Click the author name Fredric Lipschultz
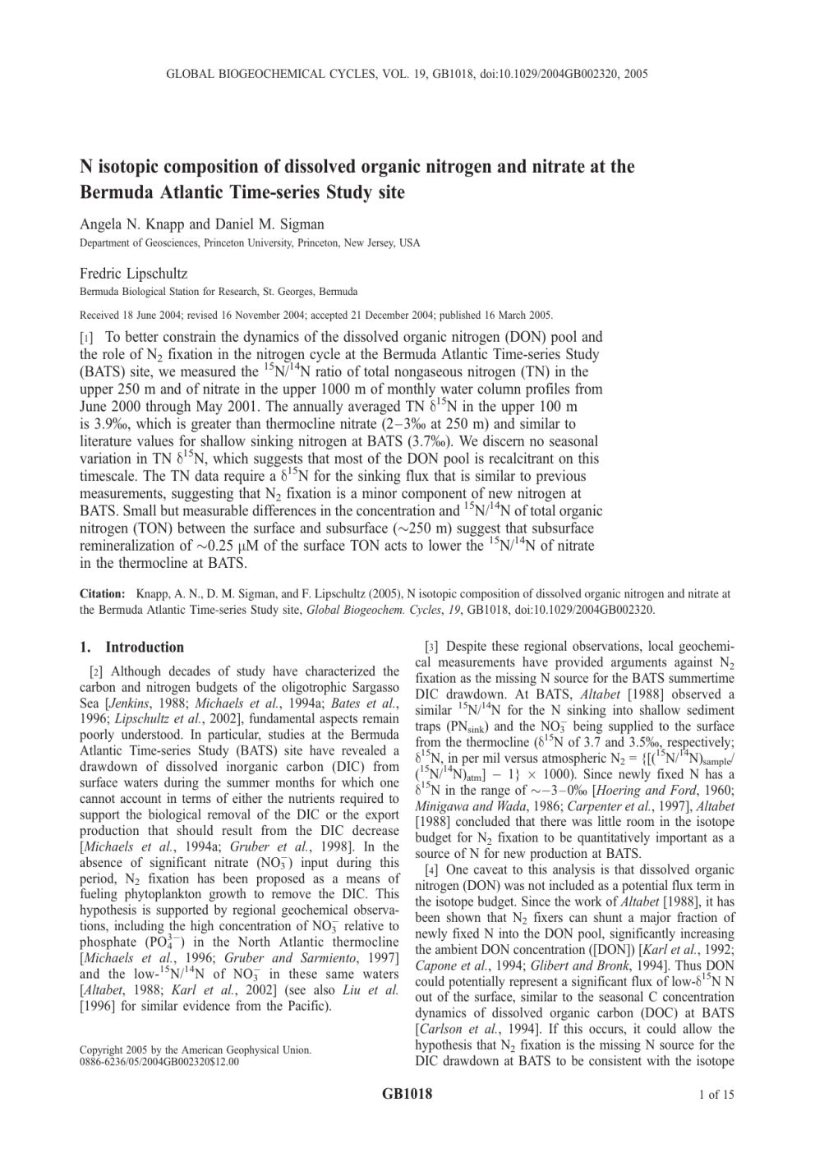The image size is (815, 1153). [x=133, y=273]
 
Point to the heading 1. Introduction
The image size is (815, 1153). [x=131, y=648]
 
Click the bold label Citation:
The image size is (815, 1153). [x=102, y=593]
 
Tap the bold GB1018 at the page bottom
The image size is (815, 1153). [x=407, y=1094]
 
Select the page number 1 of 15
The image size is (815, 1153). [x=716, y=1095]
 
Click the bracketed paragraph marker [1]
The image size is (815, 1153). [x=86, y=338]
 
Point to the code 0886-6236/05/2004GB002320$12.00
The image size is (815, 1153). [x=159, y=1062]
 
